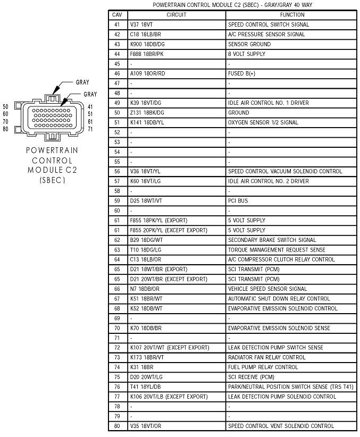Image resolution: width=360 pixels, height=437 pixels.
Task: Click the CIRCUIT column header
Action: click(x=176, y=15)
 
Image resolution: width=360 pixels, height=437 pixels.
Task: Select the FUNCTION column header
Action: click(x=292, y=15)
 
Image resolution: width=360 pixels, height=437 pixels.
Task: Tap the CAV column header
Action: click(x=117, y=15)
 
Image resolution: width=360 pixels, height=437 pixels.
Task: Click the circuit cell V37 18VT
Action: click(x=141, y=24)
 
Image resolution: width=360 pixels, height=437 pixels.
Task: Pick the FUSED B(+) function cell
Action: click(x=241, y=73)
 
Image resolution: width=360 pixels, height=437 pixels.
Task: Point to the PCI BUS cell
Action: click(x=238, y=201)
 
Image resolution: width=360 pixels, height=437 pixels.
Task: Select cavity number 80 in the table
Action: click(x=117, y=426)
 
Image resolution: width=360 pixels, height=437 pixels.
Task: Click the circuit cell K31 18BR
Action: click(x=141, y=367)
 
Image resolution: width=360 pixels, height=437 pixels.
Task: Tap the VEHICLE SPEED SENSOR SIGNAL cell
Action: click(x=267, y=289)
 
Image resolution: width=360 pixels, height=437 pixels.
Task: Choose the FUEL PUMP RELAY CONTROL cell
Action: click(x=263, y=367)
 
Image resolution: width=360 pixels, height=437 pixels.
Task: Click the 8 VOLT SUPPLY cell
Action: click(x=246, y=54)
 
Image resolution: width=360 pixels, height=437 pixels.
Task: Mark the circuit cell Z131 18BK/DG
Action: click(x=147, y=113)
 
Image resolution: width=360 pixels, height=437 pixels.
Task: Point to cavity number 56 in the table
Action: click(x=117, y=171)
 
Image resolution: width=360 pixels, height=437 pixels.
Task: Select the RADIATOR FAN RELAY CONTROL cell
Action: click(x=267, y=357)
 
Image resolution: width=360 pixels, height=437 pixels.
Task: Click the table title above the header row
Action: click(x=232, y=4)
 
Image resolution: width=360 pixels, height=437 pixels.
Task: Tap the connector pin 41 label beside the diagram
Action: click(x=90, y=106)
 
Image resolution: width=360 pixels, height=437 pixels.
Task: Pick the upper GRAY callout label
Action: click(x=82, y=82)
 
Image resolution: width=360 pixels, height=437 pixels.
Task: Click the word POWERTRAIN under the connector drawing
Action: click(x=52, y=150)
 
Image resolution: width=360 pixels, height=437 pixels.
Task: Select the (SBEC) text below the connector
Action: click(x=52, y=180)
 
